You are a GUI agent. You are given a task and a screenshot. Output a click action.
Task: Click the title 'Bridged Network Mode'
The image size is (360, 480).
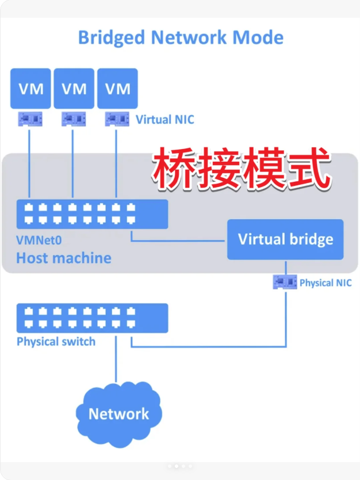coord(181,37)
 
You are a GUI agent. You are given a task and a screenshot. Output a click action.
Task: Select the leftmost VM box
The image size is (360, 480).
coord(30,88)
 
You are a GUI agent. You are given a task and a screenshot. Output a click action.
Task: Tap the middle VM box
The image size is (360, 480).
coord(74,88)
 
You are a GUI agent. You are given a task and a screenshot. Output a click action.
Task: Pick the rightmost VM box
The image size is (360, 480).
coord(118,88)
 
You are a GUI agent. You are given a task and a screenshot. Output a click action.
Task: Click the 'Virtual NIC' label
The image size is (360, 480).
coord(164,120)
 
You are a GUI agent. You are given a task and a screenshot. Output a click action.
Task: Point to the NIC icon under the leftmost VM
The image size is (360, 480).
coord(30,119)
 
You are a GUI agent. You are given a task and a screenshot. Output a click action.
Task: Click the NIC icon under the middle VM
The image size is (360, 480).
coord(73,119)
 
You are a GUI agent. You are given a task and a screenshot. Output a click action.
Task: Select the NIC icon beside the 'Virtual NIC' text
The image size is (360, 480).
coord(117,119)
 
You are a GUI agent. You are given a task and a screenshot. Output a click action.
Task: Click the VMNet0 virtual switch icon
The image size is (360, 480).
coord(92,214)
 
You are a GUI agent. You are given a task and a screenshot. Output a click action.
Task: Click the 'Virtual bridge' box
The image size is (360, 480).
coord(285,239)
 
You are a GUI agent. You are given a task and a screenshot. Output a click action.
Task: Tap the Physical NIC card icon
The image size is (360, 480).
coord(285,282)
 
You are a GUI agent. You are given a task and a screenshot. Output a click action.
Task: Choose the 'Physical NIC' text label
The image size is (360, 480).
coord(325,283)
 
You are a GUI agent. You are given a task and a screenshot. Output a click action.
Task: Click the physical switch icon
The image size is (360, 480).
coord(92,318)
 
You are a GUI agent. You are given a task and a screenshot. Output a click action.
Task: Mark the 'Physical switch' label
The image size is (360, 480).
coord(56,342)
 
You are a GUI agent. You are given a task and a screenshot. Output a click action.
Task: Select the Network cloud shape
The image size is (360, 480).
coord(119,413)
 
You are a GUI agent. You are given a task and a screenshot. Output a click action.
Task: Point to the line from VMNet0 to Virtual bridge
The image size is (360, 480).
coord(178,241)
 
